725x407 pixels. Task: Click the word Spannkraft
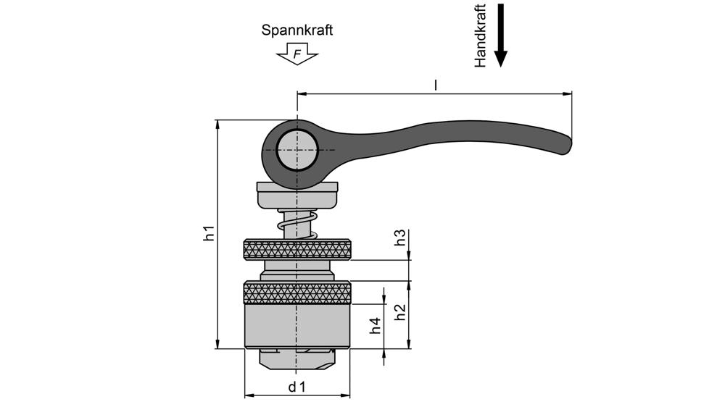(x=297, y=30)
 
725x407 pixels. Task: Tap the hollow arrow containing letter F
(x=297, y=54)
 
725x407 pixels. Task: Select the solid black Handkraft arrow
(x=500, y=36)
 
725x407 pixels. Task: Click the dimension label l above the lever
(x=435, y=85)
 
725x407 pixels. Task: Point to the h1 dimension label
(x=209, y=233)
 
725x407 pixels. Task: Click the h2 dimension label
(x=399, y=313)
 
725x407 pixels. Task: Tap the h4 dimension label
(x=375, y=325)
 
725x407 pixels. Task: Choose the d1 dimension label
(x=297, y=387)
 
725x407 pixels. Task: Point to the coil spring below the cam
(x=298, y=224)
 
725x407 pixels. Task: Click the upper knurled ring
(x=297, y=250)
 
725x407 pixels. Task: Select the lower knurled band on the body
(x=297, y=293)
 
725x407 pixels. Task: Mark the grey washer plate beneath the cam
(x=297, y=196)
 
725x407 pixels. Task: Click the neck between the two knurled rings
(x=297, y=270)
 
